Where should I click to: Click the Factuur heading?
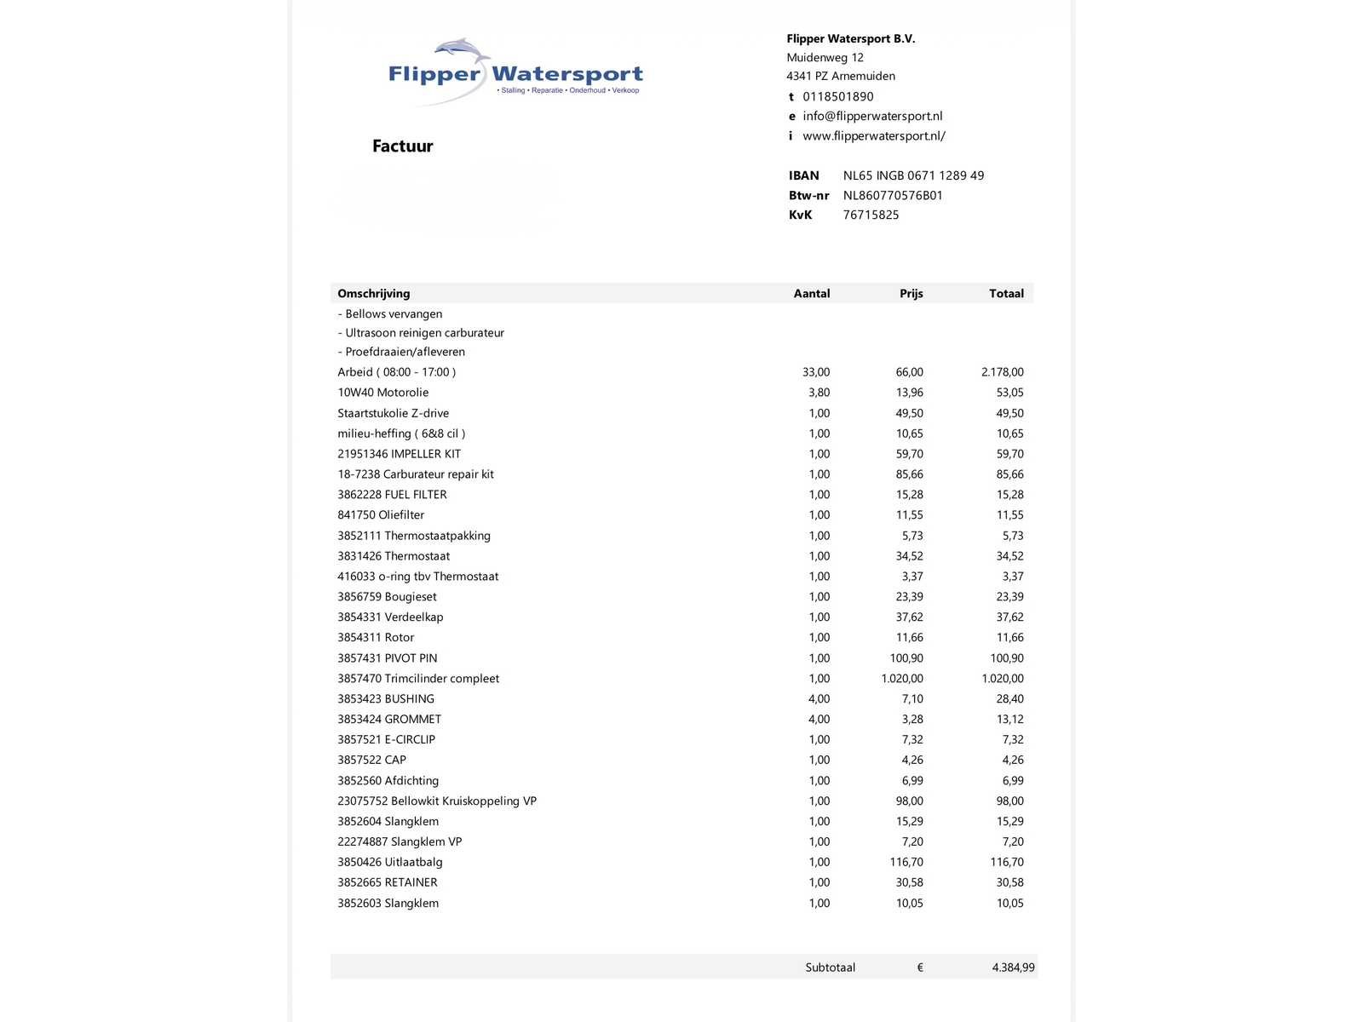tap(402, 146)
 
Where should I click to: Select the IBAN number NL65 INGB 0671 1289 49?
tap(913, 175)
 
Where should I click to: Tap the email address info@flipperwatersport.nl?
tap(872, 116)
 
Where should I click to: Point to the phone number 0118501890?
tap(837, 96)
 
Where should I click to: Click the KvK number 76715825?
tap(871, 215)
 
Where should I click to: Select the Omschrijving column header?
tap(373, 293)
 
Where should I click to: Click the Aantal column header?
tap(811, 293)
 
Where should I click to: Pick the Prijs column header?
tap(911, 293)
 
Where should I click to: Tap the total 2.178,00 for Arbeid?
tap(1002, 372)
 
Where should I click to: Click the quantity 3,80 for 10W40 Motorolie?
tap(819, 393)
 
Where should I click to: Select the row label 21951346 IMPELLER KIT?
tap(399, 454)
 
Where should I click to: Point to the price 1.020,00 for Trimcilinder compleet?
tap(901, 679)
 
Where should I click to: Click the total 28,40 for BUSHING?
tap(1009, 699)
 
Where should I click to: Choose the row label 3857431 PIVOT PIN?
tap(387, 658)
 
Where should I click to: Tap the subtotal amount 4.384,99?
tap(1013, 967)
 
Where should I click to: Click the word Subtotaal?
tap(830, 967)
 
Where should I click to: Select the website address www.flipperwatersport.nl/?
tap(873, 135)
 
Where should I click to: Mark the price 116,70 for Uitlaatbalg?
tap(906, 862)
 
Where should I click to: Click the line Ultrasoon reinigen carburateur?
tap(424, 333)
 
